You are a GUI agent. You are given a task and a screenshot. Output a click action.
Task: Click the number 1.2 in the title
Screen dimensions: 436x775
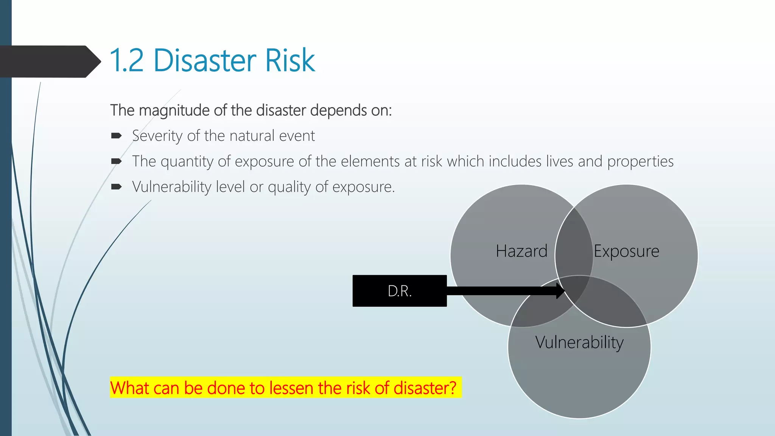tap(126, 61)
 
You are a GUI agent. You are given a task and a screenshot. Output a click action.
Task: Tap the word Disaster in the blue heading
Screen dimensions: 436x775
tap(204, 61)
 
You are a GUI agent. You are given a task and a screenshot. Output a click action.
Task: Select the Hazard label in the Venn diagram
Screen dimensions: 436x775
tap(521, 251)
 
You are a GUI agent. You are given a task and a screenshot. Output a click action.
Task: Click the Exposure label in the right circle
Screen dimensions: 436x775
tap(626, 251)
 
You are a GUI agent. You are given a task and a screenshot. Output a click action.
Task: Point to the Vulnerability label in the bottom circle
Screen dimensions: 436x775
tap(579, 343)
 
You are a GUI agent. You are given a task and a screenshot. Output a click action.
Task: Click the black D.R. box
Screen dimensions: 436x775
tap(399, 291)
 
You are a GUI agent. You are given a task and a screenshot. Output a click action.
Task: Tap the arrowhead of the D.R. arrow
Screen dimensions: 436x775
tap(560, 291)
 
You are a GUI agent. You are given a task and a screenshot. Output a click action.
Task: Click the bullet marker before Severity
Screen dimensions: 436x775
tap(116, 136)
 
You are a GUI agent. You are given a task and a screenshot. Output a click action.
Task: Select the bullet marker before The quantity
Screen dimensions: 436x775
tap(116, 162)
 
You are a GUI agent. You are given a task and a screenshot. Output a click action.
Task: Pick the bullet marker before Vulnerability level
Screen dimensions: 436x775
tap(116, 187)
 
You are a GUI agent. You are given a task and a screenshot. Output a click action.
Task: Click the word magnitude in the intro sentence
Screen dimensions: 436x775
tap(174, 111)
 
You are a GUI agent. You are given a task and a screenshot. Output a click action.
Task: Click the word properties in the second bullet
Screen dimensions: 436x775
tap(640, 162)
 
